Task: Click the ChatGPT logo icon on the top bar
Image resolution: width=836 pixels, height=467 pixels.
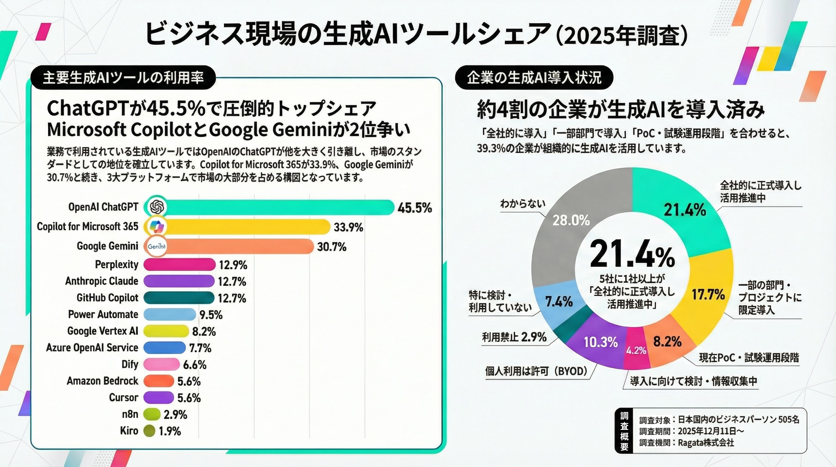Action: coord(156,207)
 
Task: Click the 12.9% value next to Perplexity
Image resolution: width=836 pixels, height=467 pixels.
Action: coord(233,265)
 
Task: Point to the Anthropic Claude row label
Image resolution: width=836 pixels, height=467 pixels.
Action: coord(101,281)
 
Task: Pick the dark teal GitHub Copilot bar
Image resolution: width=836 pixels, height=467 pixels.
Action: coord(179,298)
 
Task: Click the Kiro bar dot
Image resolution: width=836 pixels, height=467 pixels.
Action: coord(149,431)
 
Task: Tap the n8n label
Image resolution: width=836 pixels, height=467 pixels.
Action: coord(130,414)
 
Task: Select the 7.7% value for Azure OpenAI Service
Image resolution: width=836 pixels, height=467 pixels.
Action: coord(200,348)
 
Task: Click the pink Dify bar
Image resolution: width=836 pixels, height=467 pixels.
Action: coord(161,364)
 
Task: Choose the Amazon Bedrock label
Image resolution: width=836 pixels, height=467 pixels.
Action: coord(103,381)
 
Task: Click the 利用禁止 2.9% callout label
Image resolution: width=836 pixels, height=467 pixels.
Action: coord(514,337)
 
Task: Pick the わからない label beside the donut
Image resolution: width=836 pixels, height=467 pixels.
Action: coord(522,204)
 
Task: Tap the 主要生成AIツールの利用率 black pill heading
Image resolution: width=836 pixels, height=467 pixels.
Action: coord(123,78)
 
